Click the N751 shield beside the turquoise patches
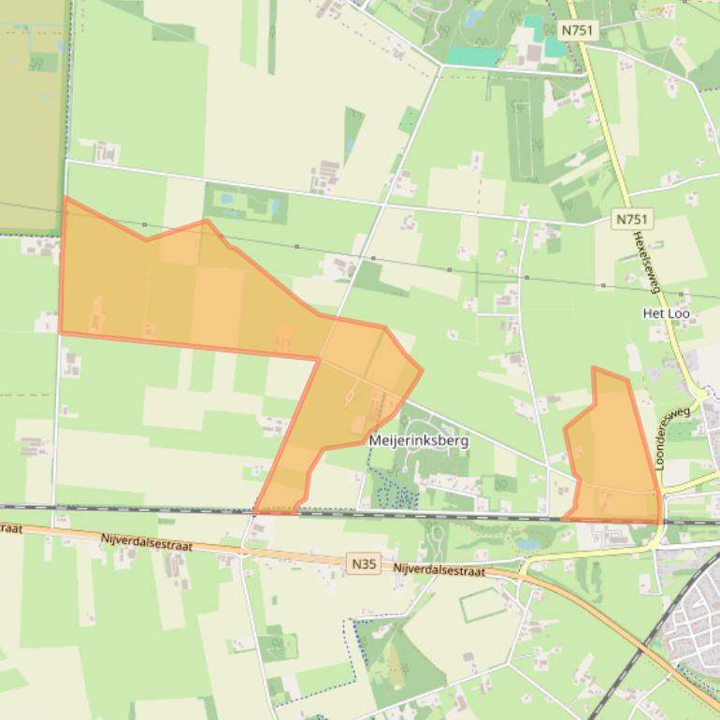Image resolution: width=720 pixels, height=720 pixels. [577, 30]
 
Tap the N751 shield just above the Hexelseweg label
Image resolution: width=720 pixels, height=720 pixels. [632, 219]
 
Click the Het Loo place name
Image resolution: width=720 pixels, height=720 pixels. [667, 313]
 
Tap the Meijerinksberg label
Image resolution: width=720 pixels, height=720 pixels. [418, 439]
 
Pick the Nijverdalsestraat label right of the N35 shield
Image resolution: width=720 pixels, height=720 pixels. [439, 569]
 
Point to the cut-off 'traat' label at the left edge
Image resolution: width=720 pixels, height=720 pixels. [10, 528]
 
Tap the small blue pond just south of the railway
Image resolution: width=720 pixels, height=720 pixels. [527, 543]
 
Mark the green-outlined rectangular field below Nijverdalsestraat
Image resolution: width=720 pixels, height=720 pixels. [485, 605]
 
